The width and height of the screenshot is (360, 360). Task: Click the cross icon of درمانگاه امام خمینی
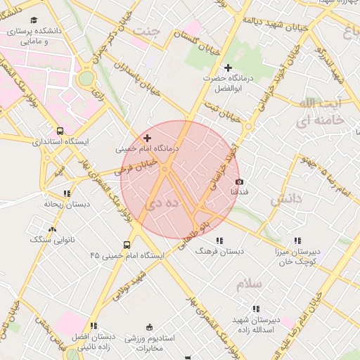146,139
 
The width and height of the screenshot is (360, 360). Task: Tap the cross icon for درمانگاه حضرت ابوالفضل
227,67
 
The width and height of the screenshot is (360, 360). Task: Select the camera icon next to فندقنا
240,181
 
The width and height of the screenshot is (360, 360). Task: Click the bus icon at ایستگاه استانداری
60,131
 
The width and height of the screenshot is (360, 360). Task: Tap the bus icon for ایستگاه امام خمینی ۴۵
126,245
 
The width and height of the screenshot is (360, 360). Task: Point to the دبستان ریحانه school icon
67,193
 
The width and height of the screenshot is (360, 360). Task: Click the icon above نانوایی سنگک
52,229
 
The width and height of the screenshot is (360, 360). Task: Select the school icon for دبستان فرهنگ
220,240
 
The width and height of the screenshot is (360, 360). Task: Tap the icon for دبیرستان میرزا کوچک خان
296,240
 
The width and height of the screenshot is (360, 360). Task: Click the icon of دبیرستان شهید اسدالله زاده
255,308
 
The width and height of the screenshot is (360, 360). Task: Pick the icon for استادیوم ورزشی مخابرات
148,327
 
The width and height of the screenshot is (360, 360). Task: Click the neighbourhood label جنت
146,32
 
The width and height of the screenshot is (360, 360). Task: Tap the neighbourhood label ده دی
162,204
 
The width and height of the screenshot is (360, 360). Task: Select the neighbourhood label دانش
286,199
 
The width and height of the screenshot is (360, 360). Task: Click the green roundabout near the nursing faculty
86,79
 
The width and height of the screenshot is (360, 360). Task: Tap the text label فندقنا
239,191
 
